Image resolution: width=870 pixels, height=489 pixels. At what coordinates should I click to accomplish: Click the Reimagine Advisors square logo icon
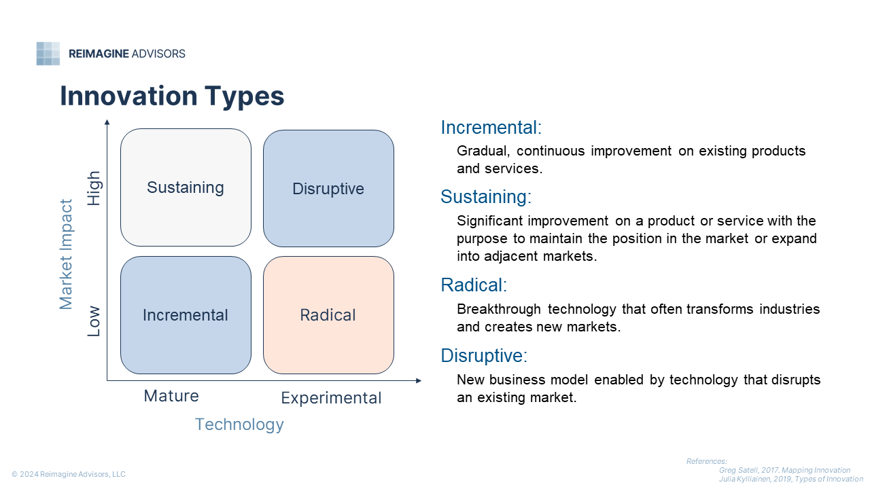point(48,54)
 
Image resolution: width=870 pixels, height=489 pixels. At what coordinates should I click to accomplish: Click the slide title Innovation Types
point(172,96)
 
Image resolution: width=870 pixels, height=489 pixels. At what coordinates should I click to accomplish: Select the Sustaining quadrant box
point(186,187)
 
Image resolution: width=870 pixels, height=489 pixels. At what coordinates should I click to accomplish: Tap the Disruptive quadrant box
point(328,189)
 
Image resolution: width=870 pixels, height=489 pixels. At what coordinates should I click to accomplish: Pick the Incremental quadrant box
point(186,315)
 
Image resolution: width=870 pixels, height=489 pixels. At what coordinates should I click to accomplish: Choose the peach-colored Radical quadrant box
point(328,315)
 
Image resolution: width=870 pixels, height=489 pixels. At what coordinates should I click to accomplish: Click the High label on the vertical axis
point(94,188)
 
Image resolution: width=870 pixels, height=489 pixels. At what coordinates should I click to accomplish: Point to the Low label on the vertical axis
point(94,321)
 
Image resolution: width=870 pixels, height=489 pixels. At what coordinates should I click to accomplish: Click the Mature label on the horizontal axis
point(171,396)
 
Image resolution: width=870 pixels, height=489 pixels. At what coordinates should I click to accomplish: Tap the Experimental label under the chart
point(331,398)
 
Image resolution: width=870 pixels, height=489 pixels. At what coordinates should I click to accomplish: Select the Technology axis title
point(239,424)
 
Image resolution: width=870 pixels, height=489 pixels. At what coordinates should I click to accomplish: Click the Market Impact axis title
point(66,255)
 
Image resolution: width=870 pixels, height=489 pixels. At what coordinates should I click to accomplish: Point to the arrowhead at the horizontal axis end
point(419,381)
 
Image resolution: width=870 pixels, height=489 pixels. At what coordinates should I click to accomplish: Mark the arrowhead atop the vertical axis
point(107,122)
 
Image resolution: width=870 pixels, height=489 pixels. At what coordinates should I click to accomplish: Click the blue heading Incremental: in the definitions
point(491,127)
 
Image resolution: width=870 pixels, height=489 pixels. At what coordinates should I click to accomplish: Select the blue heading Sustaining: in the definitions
point(486,197)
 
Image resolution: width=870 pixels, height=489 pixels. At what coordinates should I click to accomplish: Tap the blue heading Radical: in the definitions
point(474,285)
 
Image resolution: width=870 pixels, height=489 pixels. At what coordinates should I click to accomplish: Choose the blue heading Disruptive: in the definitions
point(484,355)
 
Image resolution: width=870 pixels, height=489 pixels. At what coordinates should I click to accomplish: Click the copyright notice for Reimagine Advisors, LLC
point(69,474)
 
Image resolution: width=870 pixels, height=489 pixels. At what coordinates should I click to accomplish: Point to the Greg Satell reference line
point(784,471)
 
